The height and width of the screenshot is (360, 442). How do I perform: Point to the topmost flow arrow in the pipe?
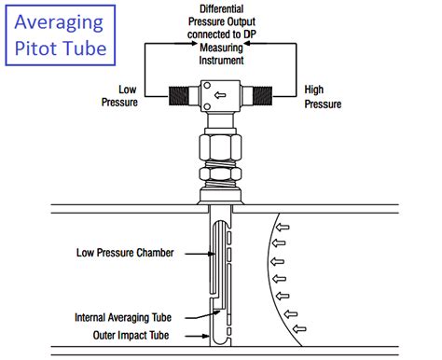[283, 227]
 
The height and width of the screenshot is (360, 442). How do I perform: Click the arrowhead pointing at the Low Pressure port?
[152, 81]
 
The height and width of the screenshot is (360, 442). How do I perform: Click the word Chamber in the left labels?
[162, 251]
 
